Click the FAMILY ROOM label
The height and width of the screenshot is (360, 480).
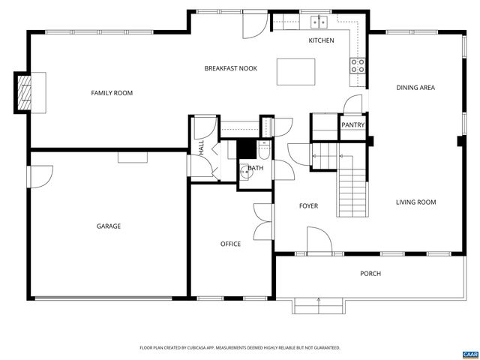coord(112,93)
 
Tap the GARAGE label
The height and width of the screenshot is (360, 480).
coord(108,226)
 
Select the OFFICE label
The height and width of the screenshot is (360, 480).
coord(230,244)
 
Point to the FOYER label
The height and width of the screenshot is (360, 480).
coord(308,205)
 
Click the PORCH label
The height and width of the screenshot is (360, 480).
coord(370,274)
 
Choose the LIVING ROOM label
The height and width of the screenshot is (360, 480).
coord(416,202)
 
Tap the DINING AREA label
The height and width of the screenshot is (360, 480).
coord(415,88)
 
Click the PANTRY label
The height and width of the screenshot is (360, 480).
coord(352,125)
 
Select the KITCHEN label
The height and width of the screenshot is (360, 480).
coord(321,40)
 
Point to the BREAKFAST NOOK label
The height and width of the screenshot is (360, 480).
coord(230,68)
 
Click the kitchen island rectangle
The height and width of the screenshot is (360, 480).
coord(295,72)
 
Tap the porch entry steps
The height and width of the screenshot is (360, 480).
coord(319,306)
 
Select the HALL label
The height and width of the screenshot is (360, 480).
coord(202,148)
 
